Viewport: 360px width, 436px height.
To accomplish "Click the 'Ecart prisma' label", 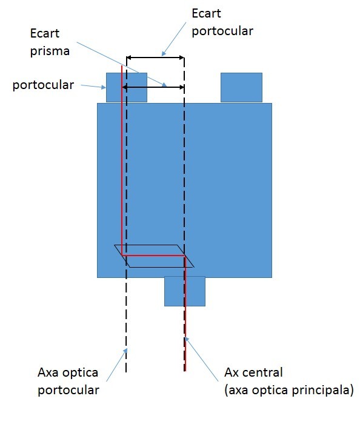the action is pos(50,42).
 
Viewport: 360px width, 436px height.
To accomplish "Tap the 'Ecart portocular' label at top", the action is pos(222,22).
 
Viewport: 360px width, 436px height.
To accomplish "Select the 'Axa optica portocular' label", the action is pos(68,381).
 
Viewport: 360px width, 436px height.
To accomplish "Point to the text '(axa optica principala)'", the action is pos(289,390).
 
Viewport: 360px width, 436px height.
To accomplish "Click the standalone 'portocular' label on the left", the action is pos(43,85).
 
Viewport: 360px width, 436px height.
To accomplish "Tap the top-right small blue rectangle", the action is pos(241,87).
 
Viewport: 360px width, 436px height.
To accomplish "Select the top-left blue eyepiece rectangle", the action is pos(127,87).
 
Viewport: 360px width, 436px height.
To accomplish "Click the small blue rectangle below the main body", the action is pos(185,291).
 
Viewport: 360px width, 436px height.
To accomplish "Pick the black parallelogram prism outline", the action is pos(154,245).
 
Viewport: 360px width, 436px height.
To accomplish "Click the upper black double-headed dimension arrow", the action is pos(155,58).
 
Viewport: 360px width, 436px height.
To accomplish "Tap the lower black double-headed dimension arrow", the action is pos(153,87).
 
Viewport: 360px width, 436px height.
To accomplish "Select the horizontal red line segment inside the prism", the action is pos(153,255).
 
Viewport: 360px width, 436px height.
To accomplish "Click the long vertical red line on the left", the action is pos(122,160).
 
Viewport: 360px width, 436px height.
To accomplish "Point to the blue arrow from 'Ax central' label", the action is pos(201,358).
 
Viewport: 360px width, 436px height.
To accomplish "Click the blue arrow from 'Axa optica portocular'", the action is pos(117,365).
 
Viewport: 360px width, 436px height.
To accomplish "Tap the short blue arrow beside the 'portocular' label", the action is pos(93,87).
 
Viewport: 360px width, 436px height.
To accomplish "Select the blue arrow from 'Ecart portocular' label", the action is pos(174,39).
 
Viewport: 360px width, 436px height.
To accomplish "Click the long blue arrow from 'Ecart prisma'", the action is pos(122,65).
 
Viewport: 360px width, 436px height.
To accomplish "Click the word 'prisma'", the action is pos(50,51).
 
